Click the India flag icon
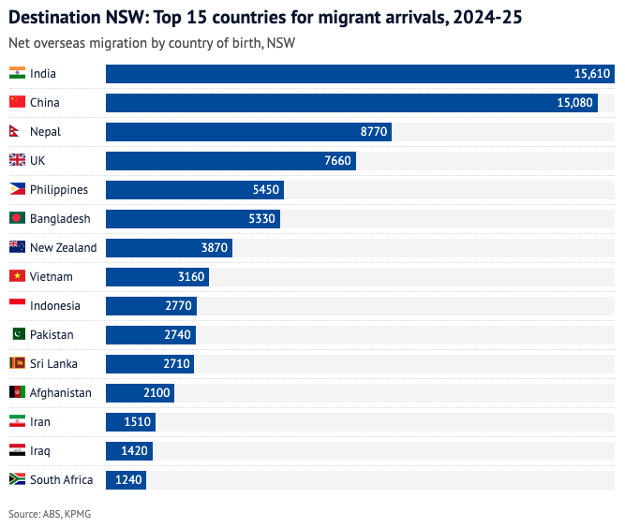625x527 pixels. pos(17,73)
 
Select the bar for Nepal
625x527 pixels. pos(248,132)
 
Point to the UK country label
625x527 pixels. pos(37,161)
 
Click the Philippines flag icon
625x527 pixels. pos(17,189)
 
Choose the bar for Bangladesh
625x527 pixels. pos(192,219)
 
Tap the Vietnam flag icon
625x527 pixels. pos(17,276)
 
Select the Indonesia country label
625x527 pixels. pos(55,306)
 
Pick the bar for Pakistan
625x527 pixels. pos(150,335)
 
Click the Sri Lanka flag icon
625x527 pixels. pos(17,363)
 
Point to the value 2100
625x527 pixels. pos(156,393)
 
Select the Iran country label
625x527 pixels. pos(40,422)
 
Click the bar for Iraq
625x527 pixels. pos(128,451)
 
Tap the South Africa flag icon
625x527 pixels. pos(17,479)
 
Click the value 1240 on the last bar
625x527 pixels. pos(128,480)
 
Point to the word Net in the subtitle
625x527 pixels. pos(18,42)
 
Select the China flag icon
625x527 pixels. pos(17,102)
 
